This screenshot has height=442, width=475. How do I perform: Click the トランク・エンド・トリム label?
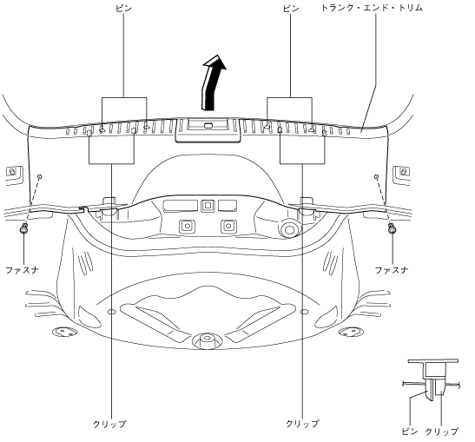coord(372,8)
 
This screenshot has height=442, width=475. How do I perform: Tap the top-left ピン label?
coord(123,8)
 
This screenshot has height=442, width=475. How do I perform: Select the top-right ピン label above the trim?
coord(291,8)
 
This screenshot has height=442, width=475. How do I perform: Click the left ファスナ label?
coord(23,270)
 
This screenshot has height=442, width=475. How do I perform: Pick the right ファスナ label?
coord(392,270)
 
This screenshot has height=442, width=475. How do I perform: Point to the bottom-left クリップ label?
coord(109,424)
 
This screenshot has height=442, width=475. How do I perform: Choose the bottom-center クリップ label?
coord(302,424)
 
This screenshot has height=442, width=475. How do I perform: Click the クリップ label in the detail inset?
coord(442,432)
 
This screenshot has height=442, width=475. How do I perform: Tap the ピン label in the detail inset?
coord(410,432)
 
